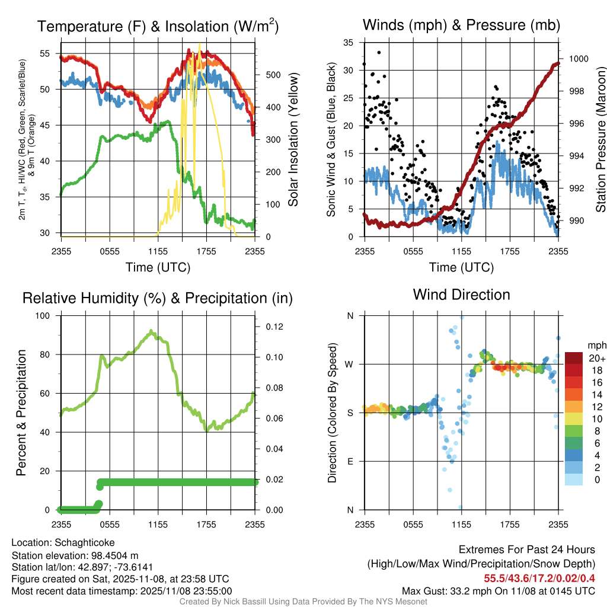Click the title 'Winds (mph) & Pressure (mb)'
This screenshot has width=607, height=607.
coord(461,25)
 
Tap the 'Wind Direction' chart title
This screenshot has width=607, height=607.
coord(461,295)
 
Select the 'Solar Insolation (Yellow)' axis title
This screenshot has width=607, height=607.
coord(293,140)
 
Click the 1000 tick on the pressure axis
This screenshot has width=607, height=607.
coord(578,59)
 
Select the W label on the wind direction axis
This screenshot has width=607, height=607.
coord(350,364)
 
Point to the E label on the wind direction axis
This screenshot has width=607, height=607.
coord(350,461)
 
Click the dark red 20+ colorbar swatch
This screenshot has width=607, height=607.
coord(574,358)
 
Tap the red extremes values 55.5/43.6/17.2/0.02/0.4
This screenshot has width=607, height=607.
coord(539,579)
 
